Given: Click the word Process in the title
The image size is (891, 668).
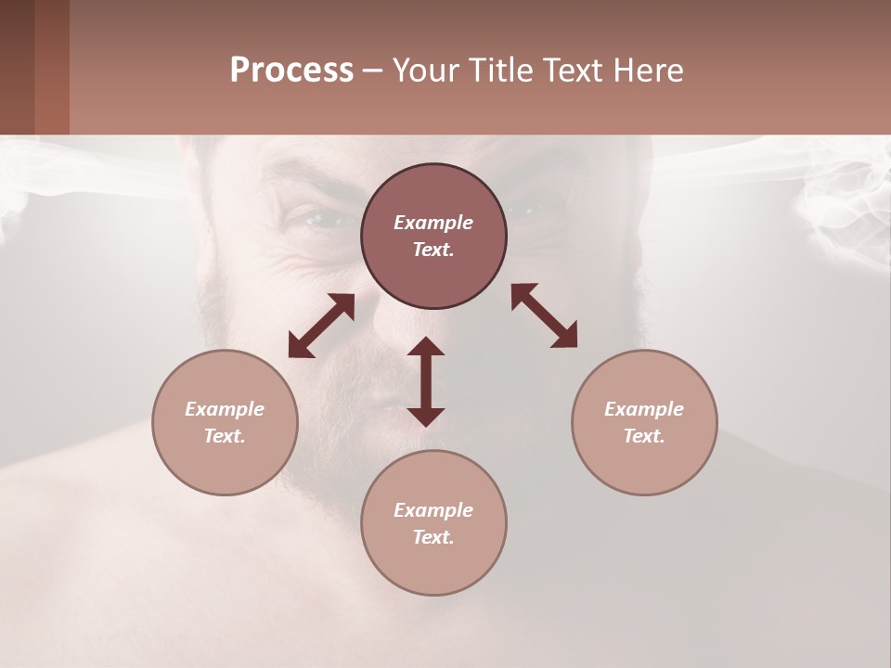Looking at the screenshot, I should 291,71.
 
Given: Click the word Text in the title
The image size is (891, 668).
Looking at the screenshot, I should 574,71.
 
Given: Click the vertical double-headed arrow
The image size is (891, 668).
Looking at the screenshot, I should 426,381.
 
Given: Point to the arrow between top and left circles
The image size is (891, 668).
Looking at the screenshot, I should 321,326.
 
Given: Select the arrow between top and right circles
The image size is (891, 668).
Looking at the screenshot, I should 544,316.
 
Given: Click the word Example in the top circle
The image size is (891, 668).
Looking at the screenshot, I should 433,223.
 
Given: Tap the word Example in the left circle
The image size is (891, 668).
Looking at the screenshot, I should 225,409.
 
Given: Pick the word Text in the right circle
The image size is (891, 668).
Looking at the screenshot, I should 644,436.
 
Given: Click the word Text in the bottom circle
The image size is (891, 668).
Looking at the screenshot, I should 433,537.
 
